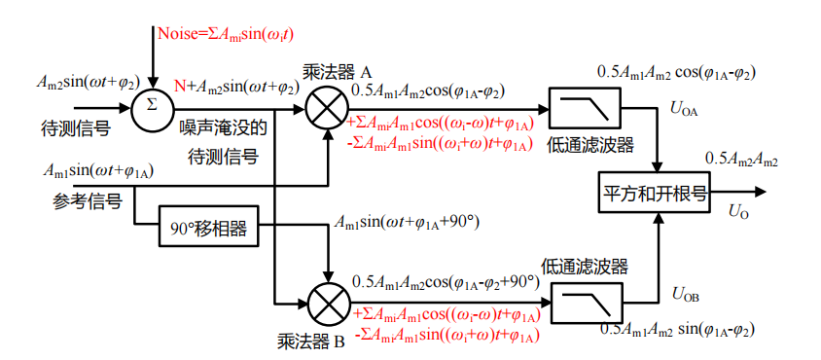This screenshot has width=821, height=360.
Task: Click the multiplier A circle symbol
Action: [x=328, y=105]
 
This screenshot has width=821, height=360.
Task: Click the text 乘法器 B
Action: [x=312, y=342]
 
